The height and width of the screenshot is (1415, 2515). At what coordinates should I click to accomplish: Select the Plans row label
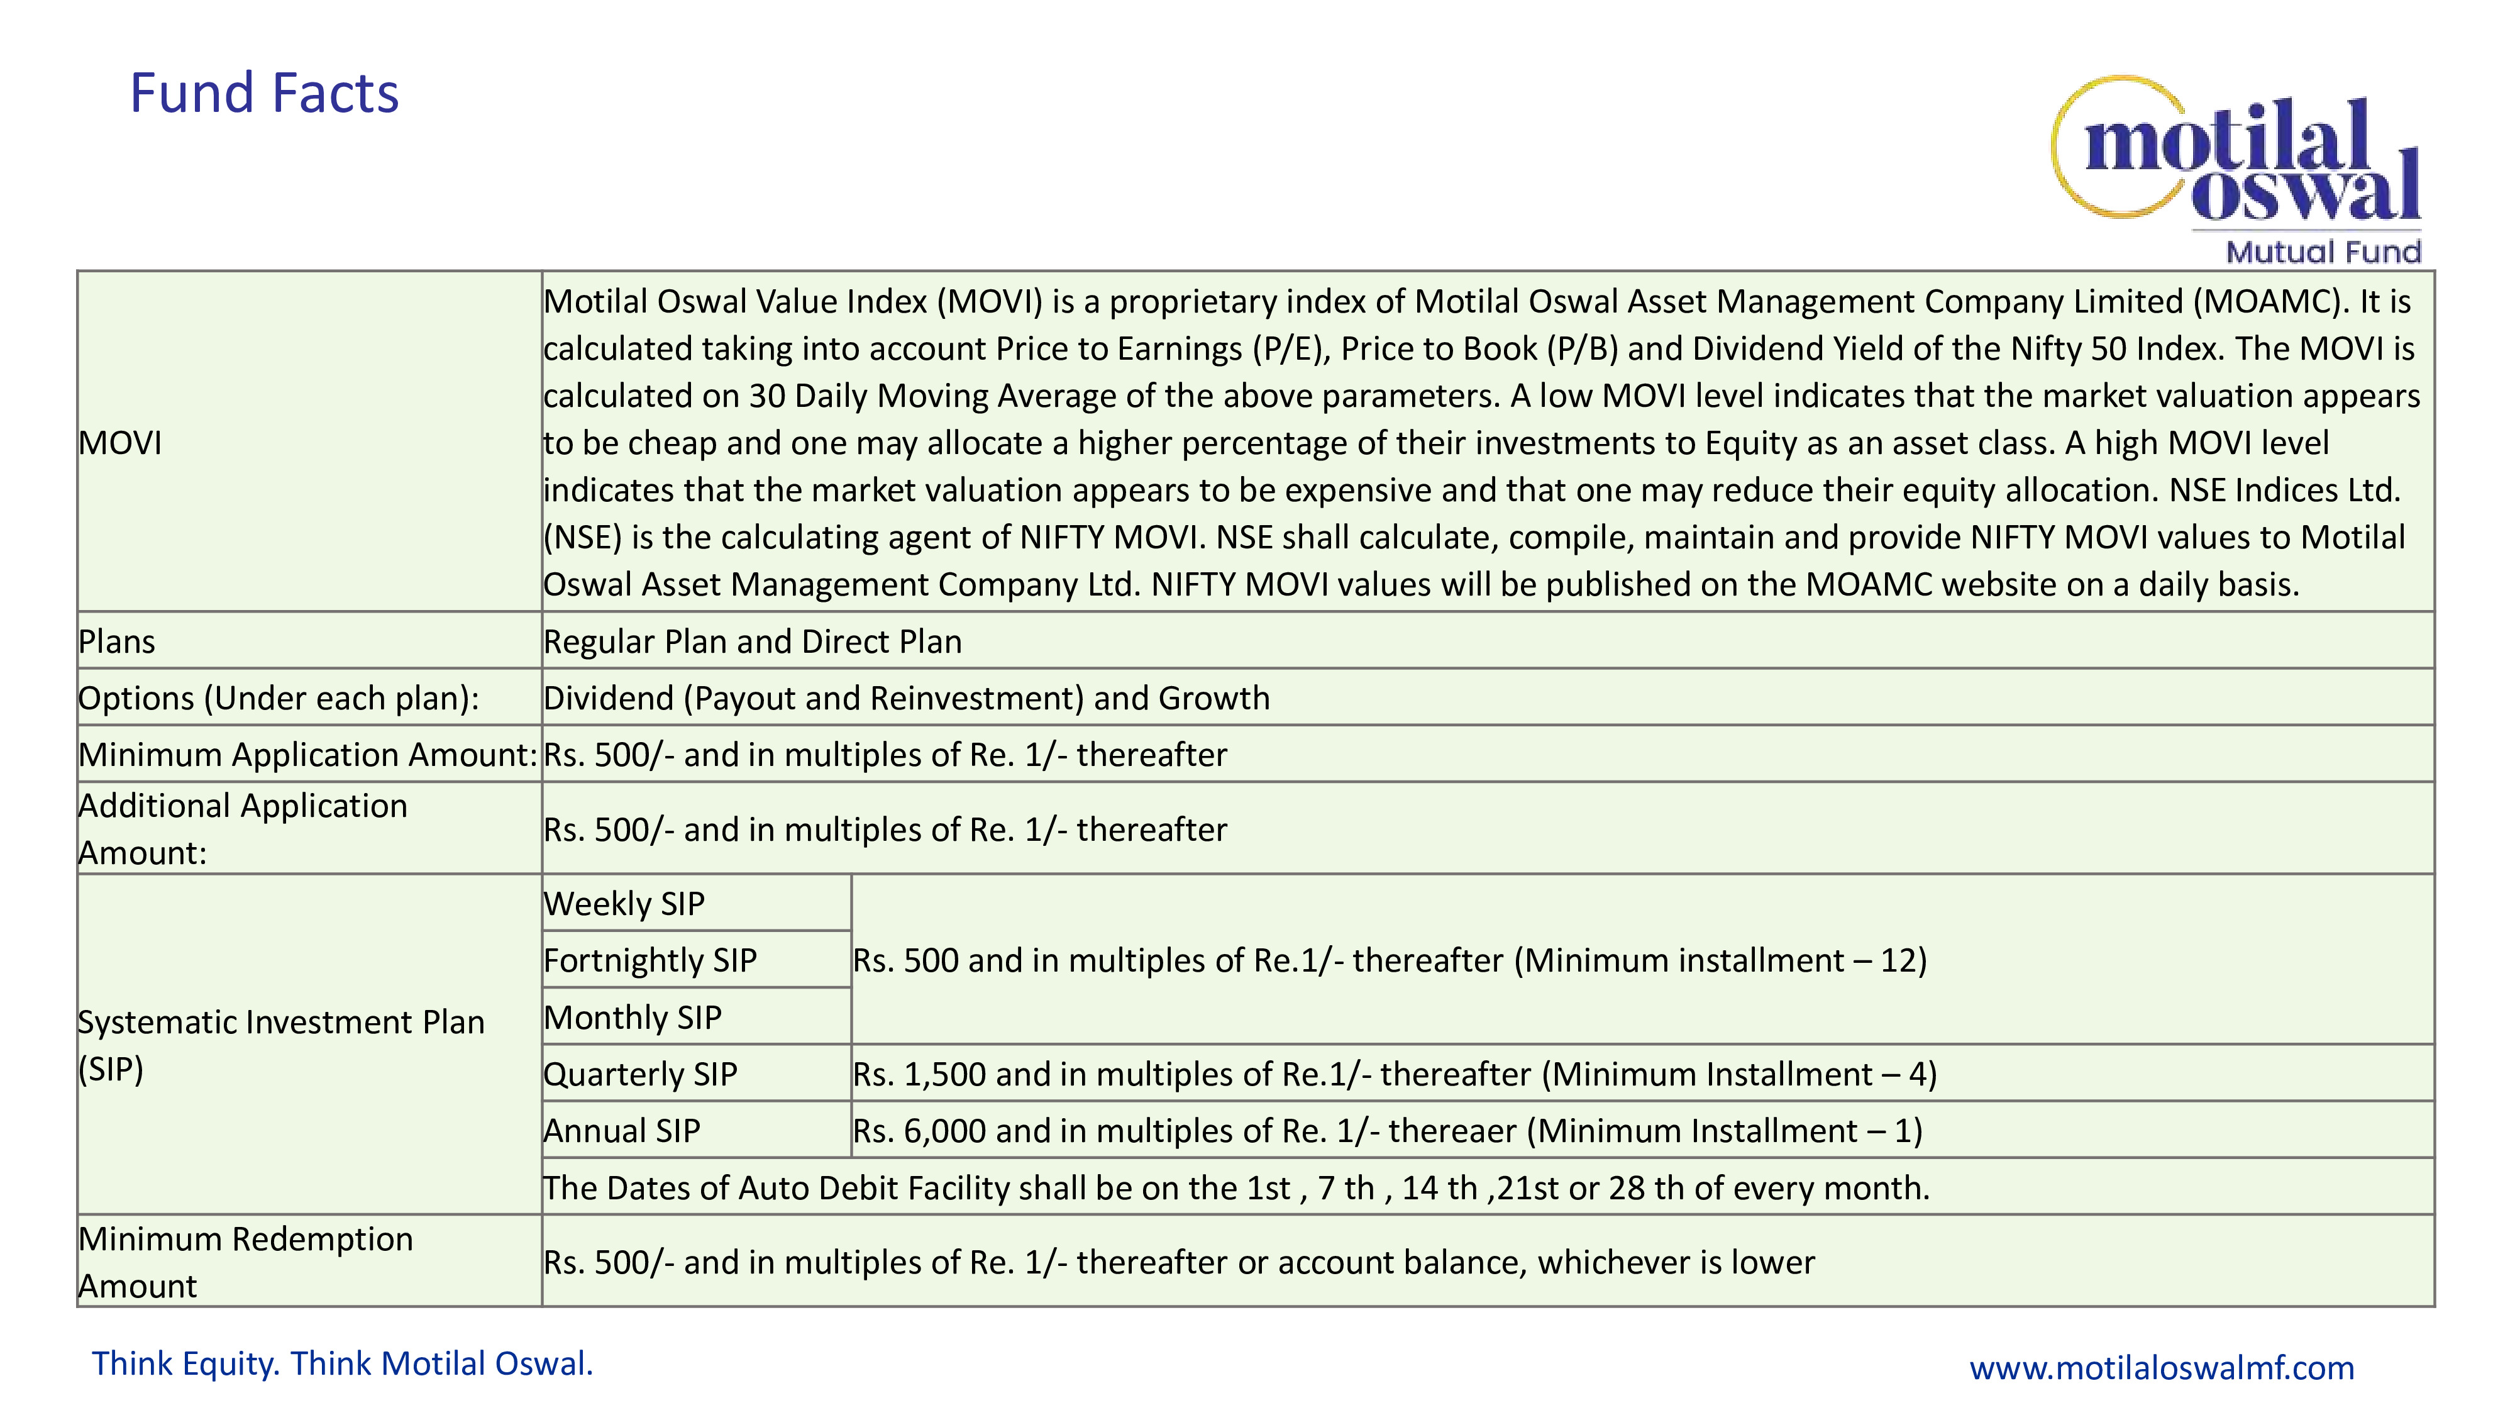(x=117, y=641)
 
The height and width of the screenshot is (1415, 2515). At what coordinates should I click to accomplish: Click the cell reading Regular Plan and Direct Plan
(x=752, y=641)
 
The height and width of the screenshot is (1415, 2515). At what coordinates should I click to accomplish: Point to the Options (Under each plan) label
(x=279, y=698)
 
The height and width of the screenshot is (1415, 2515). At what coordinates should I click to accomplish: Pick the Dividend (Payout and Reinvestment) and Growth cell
(x=906, y=698)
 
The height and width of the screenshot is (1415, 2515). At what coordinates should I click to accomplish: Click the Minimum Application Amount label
(x=307, y=755)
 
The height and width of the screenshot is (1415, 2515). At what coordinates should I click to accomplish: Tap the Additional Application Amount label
(x=242, y=829)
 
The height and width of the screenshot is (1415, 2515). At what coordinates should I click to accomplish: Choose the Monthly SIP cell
(x=633, y=1018)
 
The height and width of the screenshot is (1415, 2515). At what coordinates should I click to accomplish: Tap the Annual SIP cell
(x=622, y=1131)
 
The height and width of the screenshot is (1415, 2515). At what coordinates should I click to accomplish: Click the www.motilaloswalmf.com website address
(x=2162, y=1368)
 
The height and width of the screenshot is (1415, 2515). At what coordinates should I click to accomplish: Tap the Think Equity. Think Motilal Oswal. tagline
(x=343, y=1364)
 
